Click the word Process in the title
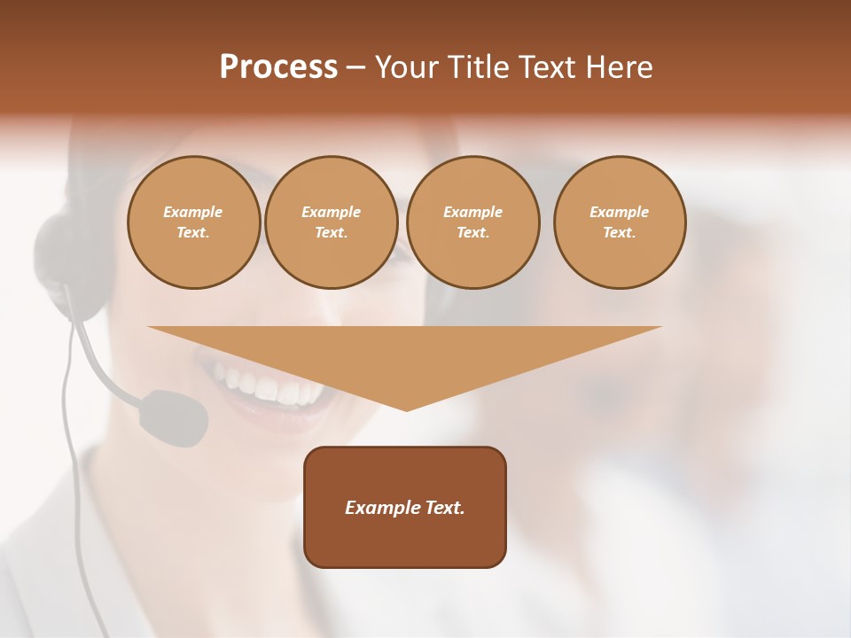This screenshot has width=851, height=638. click(x=278, y=67)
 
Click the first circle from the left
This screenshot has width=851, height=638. click(x=193, y=222)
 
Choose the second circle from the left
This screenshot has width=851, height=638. click(x=332, y=222)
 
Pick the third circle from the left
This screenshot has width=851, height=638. click(x=473, y=222)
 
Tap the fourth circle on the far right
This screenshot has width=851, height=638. click(x=620, y=222)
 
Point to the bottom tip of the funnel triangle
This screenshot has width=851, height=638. click(x=406, y=409)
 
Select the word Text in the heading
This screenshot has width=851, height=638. click(x=550, y=67)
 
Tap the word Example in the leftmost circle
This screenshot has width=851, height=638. click(x=193, y=212)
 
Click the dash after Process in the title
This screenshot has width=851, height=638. click(x=355, y=68)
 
